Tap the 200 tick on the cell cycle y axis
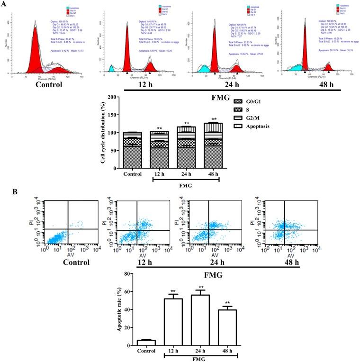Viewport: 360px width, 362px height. pyautogui.click(x=124, y=97)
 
